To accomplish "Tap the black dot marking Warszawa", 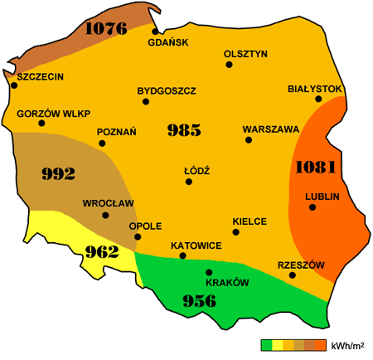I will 249,140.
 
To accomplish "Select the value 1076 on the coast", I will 104,29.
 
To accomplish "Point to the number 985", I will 184,129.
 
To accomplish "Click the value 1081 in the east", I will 315,167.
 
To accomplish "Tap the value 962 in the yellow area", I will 102,252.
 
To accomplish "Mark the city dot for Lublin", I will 312,207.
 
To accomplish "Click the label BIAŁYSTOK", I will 315,88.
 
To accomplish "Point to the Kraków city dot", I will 209,272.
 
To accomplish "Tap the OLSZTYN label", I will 245,54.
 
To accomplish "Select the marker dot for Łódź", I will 189,181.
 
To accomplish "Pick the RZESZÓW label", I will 301,265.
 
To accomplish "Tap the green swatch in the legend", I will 267,344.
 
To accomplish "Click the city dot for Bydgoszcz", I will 146,102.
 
